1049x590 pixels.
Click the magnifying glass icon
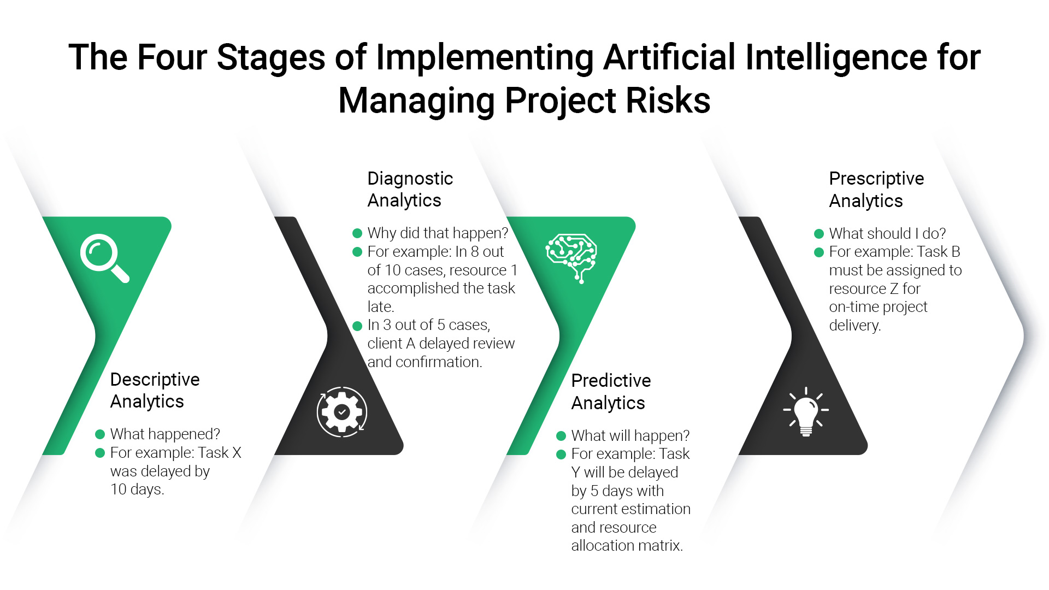click(104, 258)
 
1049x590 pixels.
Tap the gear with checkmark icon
click(342, 412)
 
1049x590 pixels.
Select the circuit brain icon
click(571, 257)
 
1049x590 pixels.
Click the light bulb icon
click(806, 412)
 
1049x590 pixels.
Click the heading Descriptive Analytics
click(155, 390)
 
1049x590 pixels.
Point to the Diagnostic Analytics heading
click(410, 189)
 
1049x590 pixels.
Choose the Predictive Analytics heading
click(611, 391)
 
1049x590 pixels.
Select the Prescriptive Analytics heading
click(876, 189)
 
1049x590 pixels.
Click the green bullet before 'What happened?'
click(100, 434)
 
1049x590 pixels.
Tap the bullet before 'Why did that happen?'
click(357, 233)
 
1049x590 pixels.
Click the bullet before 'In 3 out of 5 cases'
click(357, 326)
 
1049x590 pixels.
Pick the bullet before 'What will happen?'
click(561, 436)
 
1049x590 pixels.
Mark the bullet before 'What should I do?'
click(818, 234)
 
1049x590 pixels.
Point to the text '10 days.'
click(137, 489)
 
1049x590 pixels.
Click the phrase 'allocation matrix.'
click(627, 545)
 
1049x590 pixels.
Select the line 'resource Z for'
click(874, 288)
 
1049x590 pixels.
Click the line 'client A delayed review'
click(441, 343)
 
